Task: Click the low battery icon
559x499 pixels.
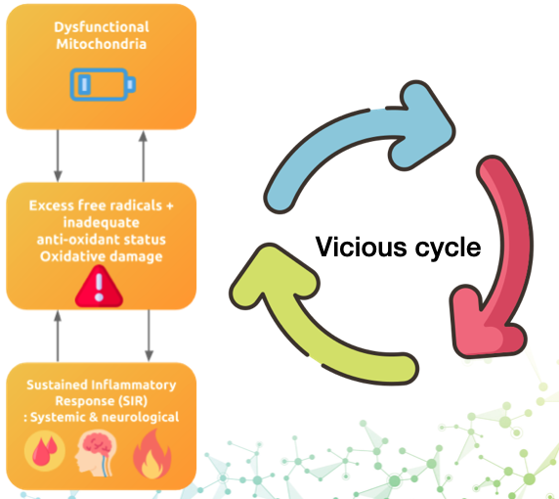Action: coord(103,84)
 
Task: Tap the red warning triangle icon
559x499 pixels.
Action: coord(99,287)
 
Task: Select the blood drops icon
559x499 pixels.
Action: coord(45,451)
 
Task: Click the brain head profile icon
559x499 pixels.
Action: coord(96,453)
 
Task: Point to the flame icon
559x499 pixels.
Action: coord(152,454)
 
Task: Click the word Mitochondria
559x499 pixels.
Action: coord(102,44)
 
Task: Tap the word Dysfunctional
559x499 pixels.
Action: coord(102,27)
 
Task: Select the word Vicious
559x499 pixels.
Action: coord(361,247)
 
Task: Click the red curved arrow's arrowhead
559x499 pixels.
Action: coord(487,323)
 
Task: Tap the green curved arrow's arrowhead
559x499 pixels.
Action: coord(273,275)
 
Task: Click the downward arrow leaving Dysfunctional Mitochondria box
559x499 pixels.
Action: coord(58,156)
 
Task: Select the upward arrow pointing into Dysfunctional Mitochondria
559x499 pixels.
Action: coord(143,156)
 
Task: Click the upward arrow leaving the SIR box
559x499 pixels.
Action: coord(58,336)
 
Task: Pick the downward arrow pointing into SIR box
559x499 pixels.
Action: coord(149,336)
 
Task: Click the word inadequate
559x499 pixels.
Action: coord(102,223)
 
